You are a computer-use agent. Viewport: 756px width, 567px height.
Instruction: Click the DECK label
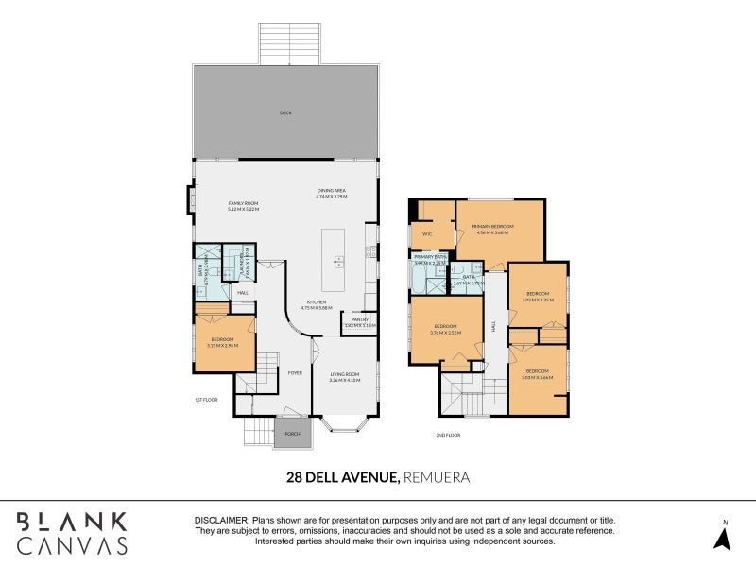285,112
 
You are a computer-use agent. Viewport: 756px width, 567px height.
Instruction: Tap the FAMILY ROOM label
243,206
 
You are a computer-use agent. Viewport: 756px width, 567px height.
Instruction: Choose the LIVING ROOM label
345,377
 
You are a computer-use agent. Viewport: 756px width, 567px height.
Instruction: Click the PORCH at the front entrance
291,435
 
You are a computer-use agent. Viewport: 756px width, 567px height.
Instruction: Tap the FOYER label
295,373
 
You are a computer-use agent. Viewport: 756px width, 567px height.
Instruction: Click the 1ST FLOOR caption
206,400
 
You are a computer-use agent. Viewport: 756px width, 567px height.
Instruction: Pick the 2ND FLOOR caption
449,435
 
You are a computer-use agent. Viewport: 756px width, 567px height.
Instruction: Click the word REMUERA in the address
436,478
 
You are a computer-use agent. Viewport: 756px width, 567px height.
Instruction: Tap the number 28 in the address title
296,478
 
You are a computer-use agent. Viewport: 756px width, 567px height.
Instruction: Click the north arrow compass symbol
723,538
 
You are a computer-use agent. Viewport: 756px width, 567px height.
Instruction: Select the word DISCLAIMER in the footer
221,521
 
